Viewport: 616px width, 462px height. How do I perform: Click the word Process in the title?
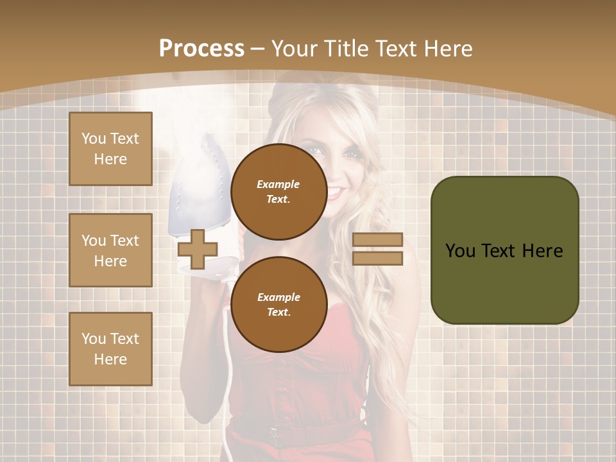pyautogui.click(x=201, y=49)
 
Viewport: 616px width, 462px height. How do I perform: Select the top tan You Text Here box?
pyautogui.click(x=110, y=149)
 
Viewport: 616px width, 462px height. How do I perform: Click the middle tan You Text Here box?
pyautogui.click(x=110, y=250)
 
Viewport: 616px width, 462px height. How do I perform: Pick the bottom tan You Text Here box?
pyautogui.click(x=110, y=349)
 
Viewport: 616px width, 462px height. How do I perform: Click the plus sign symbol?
pyautogui.click(x=197, y=249)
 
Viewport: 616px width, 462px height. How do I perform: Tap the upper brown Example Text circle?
pyautogui.click(x=278, y=192)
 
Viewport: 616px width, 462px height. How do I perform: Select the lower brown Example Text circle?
pyautogui.click(x=278, y=305)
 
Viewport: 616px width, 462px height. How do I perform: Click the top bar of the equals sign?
pyautogui.click(x=377, y=239)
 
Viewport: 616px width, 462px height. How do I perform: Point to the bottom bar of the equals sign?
pyautogui.click(x=377, y=258)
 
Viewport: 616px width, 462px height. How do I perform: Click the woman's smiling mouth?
pyautogui.click(x=336, y=192)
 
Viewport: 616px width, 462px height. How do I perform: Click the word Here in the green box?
pyautogui.click(x=542, y=251)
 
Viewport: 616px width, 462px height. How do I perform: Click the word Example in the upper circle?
pyautogui.click(x=278, y=185)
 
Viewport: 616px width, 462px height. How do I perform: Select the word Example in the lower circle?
pyautogui.click(x=278, y=298)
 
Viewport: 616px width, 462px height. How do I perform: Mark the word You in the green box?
pyautogui.click(x=460, y=251)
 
